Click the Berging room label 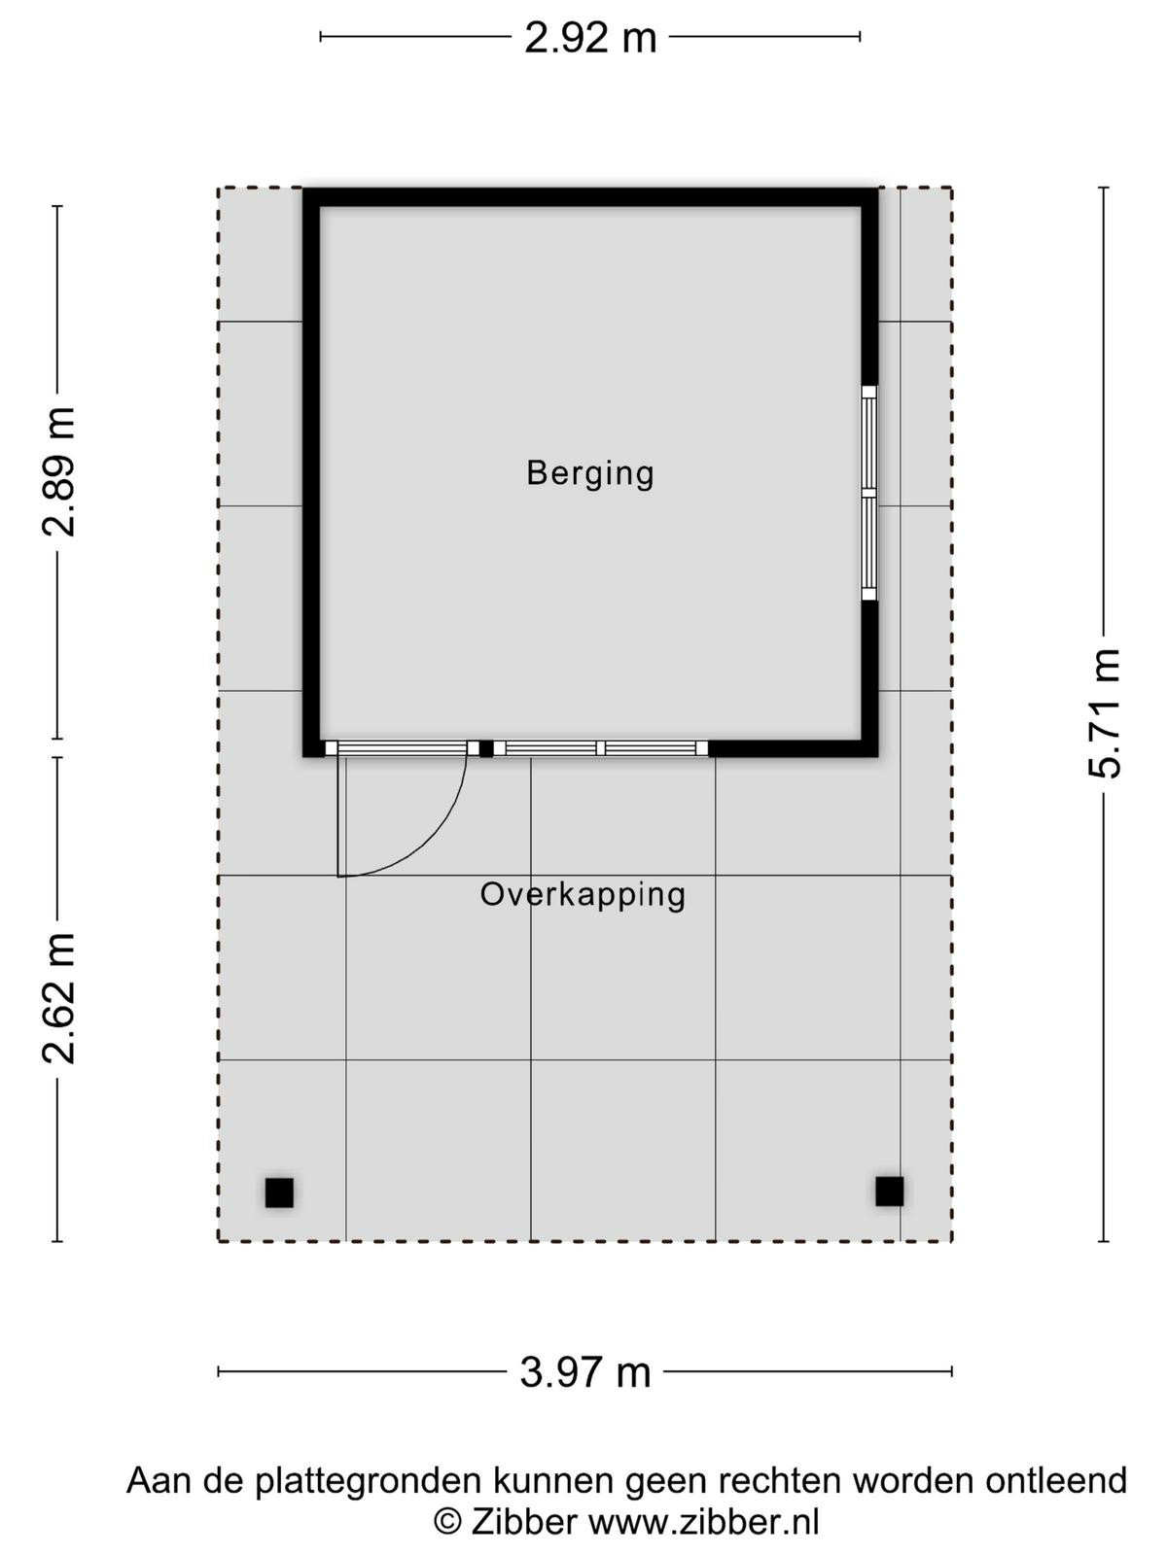tap(589, 474)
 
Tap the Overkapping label tap(583, 896)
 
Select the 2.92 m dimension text tap(589, 38)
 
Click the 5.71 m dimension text tap(1104, 714)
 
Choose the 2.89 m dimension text tap(58, 472)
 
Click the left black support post tap(279, 1192)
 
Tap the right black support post tap(889, 1191)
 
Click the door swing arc tap(432, 843)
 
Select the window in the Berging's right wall tap(868, 493)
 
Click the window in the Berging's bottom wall tap(601, 748)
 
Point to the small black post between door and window tap(486, 748)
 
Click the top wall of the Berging tap(590, 197)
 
